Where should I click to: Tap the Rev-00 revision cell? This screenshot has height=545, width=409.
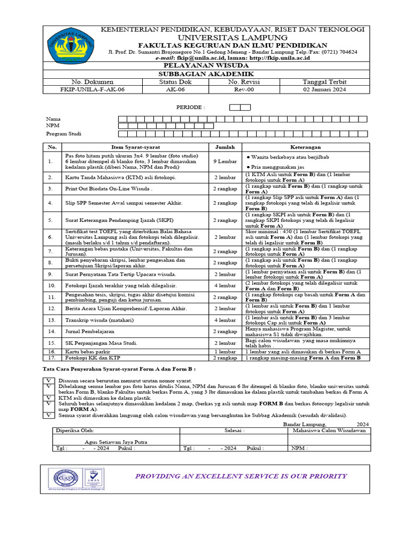[242, 90]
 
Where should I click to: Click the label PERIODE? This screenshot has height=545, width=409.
[190, 107]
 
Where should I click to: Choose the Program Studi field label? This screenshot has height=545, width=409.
[63, 134]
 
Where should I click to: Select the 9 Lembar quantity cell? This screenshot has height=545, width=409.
[225, 161]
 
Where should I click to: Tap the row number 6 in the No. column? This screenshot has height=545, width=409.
[51, 237]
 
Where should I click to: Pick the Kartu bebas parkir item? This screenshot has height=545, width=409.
[84, 352]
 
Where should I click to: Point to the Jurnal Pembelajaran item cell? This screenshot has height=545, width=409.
[92, 332]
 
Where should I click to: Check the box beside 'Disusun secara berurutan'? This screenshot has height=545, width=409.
[48, 381]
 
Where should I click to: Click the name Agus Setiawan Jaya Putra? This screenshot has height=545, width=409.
[116, 442]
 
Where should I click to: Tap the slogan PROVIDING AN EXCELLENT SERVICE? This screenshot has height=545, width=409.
[241, 475]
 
